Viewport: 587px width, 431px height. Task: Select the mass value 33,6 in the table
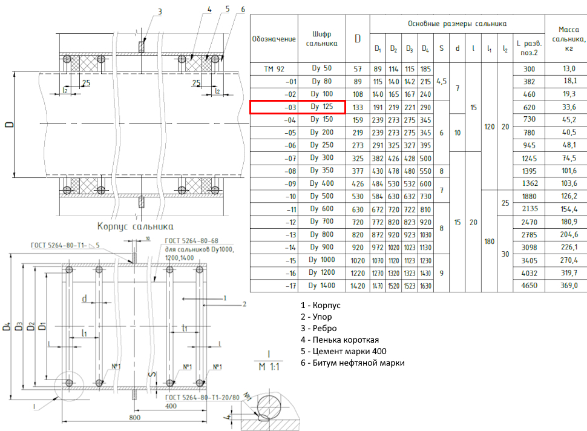pos(569,107)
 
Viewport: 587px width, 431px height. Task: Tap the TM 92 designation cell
pos(274,69)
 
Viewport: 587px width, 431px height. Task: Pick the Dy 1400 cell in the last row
pos(321,285)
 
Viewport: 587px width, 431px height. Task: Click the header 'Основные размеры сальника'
pos(457,24)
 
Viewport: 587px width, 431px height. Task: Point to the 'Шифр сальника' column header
pos(321,39)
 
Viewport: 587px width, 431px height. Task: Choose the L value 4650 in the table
pos(529,285)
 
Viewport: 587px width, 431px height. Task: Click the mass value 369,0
pos(569,285)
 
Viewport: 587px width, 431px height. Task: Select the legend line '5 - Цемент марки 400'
pos(343,351)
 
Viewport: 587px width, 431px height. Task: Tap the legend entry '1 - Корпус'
pos(321,305)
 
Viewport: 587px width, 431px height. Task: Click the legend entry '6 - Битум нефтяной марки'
pos(352,363)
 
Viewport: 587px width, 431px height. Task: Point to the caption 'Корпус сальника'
pos(135,226)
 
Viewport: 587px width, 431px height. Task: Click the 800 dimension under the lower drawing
pos(135,417)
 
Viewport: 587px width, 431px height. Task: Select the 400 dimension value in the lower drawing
pos(171,406)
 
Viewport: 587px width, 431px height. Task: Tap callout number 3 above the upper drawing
pos(160,12)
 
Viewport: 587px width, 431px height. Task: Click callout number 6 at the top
pos(243,9)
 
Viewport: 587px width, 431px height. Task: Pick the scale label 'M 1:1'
pos(269,367)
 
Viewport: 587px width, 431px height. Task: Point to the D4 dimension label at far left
pos(7,326)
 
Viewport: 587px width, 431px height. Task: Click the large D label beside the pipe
pos(9,124)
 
